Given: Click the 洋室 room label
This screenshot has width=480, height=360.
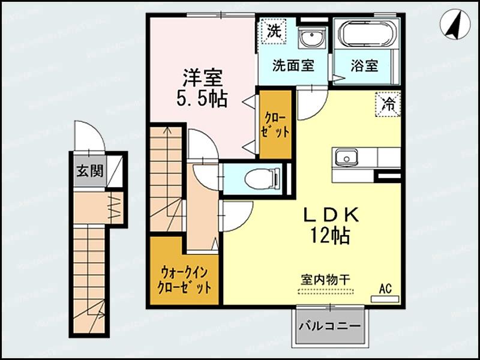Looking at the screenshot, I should [x=203, y=78].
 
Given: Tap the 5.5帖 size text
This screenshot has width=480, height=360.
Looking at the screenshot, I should [x=202, y=99].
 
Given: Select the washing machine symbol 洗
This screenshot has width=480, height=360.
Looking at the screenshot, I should [x=274, y=32].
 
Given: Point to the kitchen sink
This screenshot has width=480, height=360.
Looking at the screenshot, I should [x=345, y=158].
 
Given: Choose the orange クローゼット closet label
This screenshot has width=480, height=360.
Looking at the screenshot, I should [x=275, y=124].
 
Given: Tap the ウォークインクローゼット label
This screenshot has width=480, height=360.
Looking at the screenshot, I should [x=184, y=279].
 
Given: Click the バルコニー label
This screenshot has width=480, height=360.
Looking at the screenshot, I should [x=330, y=328].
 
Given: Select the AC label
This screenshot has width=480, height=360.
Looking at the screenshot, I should [x=385, y=289].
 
